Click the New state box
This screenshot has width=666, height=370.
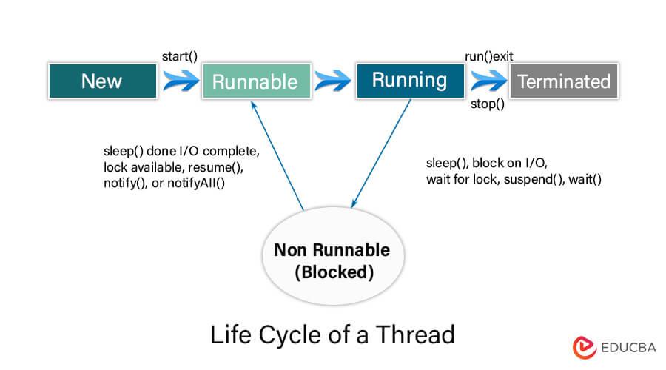point(101,81)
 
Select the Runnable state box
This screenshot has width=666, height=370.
point(255,81)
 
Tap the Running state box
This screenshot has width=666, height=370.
point(409,80)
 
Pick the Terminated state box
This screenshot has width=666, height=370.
point(564,81)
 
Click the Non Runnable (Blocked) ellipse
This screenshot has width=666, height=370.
point(332,261)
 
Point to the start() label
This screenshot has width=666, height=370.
point(180,56)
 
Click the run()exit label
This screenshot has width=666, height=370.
point(488,56)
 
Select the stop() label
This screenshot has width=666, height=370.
point(488,104)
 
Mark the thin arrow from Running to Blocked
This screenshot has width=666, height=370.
point(381,155)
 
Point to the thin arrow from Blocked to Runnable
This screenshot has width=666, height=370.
point(277,155)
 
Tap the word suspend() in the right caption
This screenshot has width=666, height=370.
point(532,179)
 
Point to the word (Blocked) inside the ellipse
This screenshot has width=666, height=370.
point(332,272)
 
